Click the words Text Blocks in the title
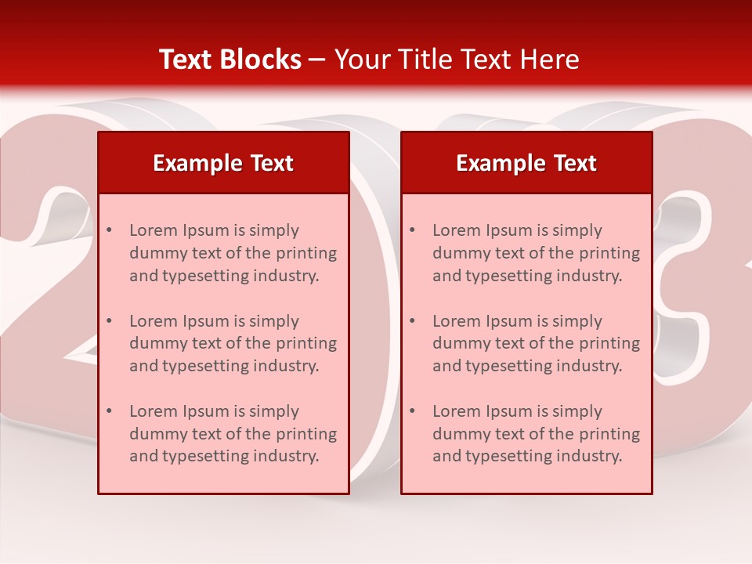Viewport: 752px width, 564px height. point(230,60)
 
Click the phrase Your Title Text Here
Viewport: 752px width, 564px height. point(457,60)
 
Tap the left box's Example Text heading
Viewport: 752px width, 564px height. point(223,163)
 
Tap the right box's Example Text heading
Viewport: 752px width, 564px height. point(526,163)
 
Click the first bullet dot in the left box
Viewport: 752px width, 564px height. point(109,230)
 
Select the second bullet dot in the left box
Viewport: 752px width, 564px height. point(109,321)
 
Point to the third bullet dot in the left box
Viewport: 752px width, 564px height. point(109,411)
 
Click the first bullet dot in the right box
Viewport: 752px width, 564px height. point(412,230)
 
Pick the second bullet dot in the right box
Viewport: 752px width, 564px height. point(412,321)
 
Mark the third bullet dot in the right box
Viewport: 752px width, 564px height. point(412,411)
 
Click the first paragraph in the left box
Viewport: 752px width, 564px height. point(233,253)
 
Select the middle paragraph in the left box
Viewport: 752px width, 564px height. point(233,343)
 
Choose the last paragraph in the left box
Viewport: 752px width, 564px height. point(233,434)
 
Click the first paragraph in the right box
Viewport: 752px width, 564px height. point(536,253)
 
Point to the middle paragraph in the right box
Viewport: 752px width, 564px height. point(536,343)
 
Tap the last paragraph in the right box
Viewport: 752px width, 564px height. point(536,434)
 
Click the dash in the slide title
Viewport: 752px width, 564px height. point(317,60)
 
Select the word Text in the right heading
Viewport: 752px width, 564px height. point(576,163)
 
